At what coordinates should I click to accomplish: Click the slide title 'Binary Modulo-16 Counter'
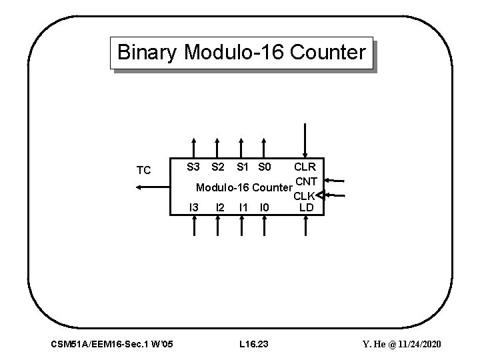coord(241,52)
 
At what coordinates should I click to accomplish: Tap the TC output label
coord(143,171)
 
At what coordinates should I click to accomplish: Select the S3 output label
coord(193,165)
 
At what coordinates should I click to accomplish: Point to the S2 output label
coord(217,165)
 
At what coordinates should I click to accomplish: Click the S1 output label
coord(243,165)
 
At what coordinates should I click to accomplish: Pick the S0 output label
coord(265,165)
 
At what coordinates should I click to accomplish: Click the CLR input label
coord(305,165)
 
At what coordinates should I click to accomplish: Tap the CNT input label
coord(306,181)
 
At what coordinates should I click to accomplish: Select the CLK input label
coord(304,196)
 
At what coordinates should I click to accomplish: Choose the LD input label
coord(307,207)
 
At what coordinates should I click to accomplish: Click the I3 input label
coord(194,207)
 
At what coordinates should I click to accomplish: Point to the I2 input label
coord(219,207)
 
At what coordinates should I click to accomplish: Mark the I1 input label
coord(243,207)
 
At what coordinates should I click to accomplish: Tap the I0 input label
coord(265,207)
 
